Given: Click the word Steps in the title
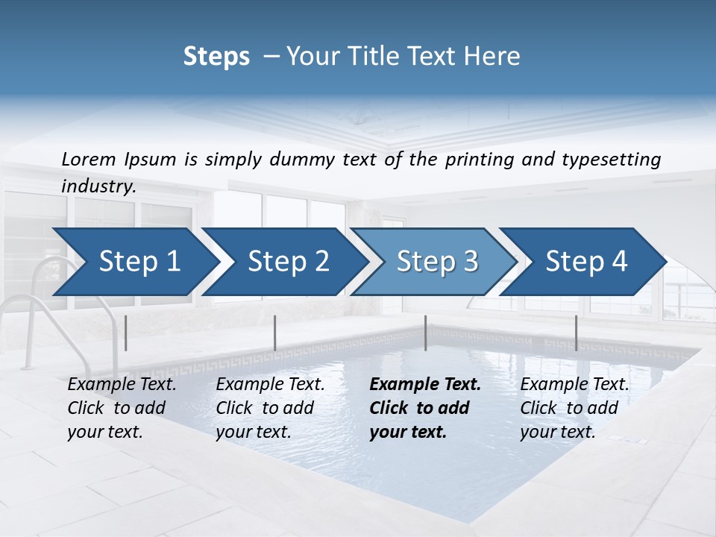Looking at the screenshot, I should pyautogui.click(x=216, y=57).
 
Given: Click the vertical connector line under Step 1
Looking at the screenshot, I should pyautogui.click(x=126, y=333).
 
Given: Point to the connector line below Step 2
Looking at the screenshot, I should pyautogui.click(x=275, y=333).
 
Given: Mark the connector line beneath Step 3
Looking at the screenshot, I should pyautogui.click(x=425, y=333).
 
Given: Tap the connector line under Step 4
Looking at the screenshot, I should pyautogui.click(x=576, y=333).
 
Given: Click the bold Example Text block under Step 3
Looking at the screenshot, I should pyautogui.click(x=425, y=408).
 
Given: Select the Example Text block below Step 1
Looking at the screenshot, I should pyautogui.click(x=122, y=408).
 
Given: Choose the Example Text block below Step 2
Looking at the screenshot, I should pyautogui.click(x=270, y=408).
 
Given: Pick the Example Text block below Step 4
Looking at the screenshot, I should pyautogui.click(x=574, y=408).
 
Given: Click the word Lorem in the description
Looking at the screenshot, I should pyautogui.click(x=89, y=160).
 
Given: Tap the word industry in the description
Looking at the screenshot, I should pyautogui.click(x=98, y=186).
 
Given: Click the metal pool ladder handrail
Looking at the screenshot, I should pyautogui.click(x=34, y=313).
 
